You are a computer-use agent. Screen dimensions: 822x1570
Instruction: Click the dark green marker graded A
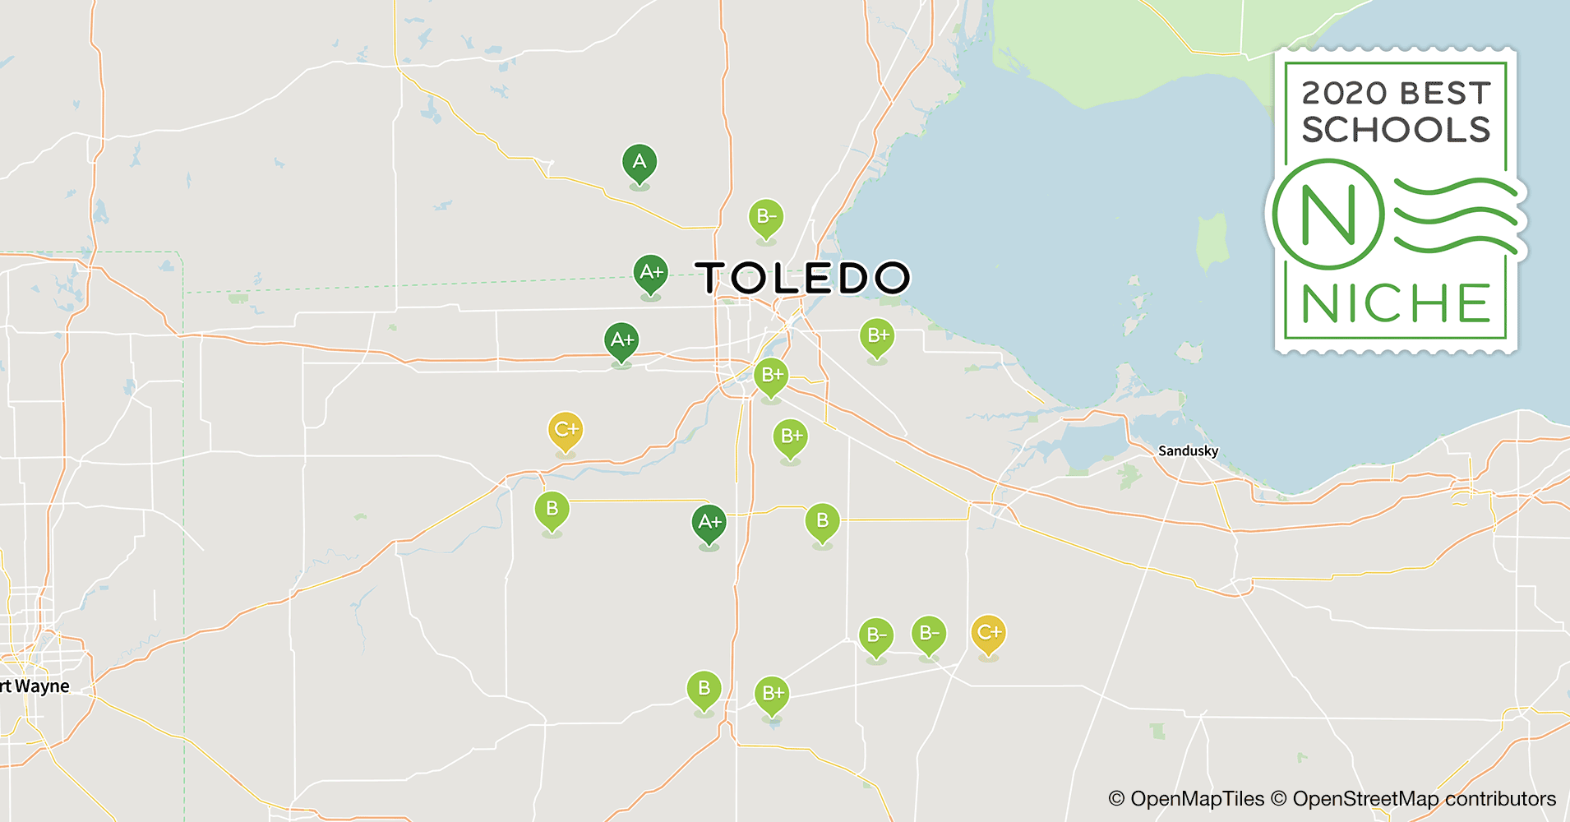(640, 163)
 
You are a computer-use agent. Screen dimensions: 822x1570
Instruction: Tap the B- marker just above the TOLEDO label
(766, 218)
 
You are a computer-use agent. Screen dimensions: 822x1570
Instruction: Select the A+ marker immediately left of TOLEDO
(650, 273)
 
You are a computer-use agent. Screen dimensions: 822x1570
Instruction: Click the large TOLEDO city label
(803, 278)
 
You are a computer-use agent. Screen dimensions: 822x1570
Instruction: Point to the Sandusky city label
(1188, 450)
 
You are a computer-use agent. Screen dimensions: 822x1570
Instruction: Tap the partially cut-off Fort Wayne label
(35, 686)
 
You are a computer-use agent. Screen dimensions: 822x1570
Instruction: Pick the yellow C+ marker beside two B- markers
(988, 633)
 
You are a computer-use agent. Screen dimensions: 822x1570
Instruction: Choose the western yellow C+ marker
(566, 430)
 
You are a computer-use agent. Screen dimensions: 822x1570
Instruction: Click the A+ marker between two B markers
(709, 523)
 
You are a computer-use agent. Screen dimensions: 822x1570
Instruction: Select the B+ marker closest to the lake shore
(877, 336)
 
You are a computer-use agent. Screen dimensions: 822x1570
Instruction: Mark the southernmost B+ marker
(772, 694)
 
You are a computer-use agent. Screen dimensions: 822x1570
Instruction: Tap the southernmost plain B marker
(704, 689)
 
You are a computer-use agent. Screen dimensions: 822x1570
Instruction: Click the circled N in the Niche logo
(1328, 215)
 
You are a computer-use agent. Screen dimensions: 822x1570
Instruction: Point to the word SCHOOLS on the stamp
(1396, 130)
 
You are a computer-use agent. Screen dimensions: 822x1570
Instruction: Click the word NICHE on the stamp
(1396, 303)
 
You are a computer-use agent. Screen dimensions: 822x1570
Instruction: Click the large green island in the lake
(1212, 242)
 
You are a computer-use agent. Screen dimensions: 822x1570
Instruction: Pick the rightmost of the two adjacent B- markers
(929, 634)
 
